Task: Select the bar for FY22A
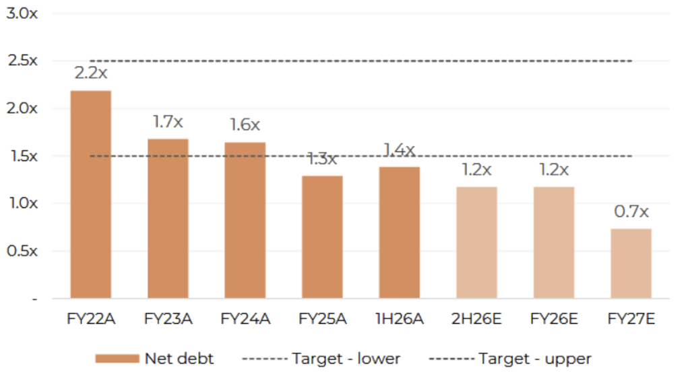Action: click(x=91, y=195)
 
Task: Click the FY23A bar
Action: click(x=168, y=219)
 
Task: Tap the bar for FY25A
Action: click(x=322, y=237)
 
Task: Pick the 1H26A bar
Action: click(x=399, y=232)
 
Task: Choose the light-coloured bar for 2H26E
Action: click(x=476, y=242)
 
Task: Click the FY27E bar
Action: click(x=631, y=263)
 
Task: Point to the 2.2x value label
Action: click(x=91, y=73)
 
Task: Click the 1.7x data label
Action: click(x=168, y=122)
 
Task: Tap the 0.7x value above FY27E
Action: click(x=631, y=211)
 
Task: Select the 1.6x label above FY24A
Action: click(x=245, y=125)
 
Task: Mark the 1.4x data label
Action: click(x=399, y=149)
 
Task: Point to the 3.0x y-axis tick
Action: click(x=22, y=13)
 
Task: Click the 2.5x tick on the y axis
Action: click(x=22, y=61)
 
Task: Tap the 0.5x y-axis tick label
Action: click(x=22, y=251)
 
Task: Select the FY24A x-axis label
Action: click(x=245, y=319)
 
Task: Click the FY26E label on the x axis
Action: click(x=553, y=319)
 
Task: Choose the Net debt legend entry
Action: click(x=155, y=359)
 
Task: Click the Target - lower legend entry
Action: click(x=321, y=359)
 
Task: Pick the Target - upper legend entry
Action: click(x=509, y=359)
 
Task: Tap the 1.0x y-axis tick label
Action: click(x=22, y=203)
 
